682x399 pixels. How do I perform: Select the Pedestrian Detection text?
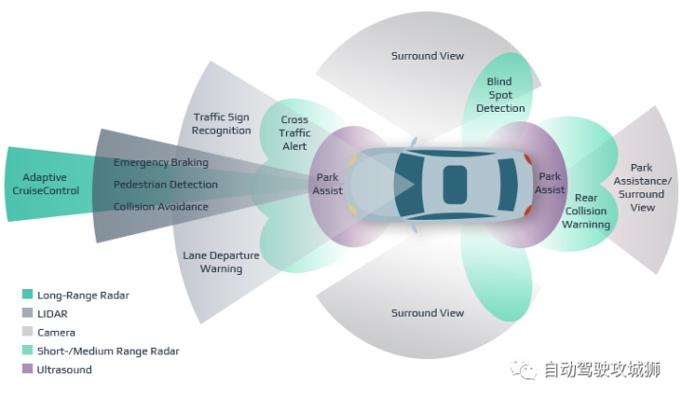coord(166,184)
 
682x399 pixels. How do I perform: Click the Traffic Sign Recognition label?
coord(216,123)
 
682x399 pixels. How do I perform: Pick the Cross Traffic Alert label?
coord(295,134)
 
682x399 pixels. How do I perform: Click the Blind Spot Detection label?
coord(500,95)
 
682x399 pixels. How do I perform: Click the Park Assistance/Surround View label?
coord(642,188)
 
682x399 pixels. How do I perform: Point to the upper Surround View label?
coord(427,56)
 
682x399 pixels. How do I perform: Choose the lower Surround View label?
coord(427,313)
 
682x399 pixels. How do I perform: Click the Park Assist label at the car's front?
coord(328,183)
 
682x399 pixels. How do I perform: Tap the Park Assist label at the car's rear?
coord(550,183)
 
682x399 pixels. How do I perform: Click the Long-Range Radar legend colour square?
coord(27,295)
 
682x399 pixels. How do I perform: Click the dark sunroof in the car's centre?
coord(455,184)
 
